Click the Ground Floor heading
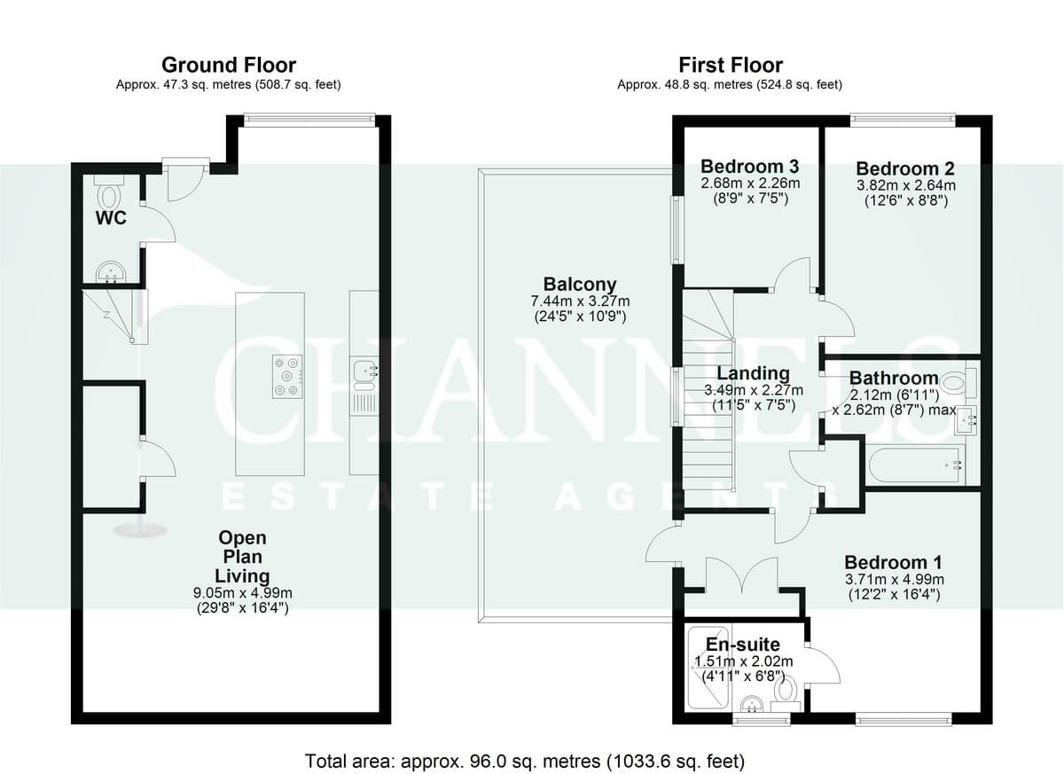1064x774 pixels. [229, 65]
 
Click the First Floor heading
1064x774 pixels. [730, 65]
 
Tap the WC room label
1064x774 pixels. [111, 218]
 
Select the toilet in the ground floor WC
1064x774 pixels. [109, 192]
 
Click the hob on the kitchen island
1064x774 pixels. [287, 377]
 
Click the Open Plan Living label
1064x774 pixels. [242, 557]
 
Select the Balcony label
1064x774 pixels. [580, 284]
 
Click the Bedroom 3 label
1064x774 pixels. [749, 166]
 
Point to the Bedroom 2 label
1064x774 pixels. [905, 168]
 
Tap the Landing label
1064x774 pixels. [753, 373]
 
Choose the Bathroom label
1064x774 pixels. [894, 378]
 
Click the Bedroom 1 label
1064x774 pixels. [893, 562]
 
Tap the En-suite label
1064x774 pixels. [743, 645]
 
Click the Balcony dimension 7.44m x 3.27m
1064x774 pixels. [580, 301]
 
